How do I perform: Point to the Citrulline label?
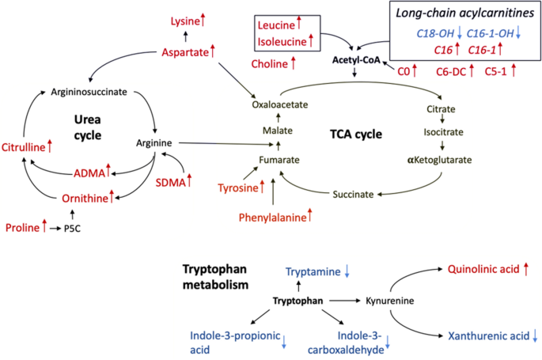tap(22, 146)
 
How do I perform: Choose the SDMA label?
tap(169, 183)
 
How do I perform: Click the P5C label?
tap(74, 229)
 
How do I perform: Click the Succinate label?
tap(351, 193)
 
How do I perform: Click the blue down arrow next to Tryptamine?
tap(347, 272)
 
